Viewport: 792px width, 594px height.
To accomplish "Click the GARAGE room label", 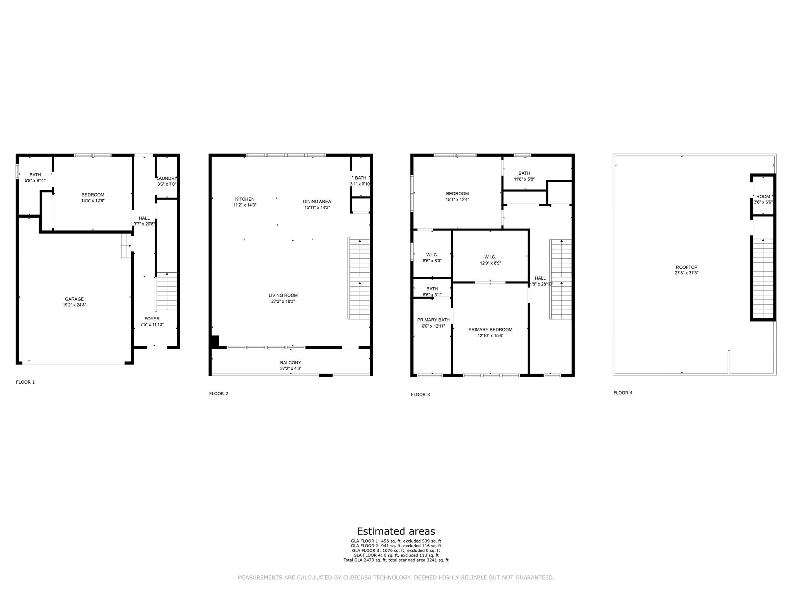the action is [x=74, y=299].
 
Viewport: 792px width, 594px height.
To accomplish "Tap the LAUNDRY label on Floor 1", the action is [x=167, y=178].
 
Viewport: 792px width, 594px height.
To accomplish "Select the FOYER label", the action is [x=152, y=319].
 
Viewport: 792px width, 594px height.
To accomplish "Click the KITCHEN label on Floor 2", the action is [x=245, y=199].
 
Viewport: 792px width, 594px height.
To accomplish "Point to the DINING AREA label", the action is [x=317, y=201].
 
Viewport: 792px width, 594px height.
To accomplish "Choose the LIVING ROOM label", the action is [x=283, y=295].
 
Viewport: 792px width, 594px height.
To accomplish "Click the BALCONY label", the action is [x=291, y=363].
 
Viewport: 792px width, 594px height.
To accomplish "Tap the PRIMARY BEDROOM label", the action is [x=490, y=329].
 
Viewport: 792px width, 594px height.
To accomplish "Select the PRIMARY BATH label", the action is [x=434, y=320].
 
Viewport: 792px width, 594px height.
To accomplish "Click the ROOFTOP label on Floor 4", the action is [x=687, y=267].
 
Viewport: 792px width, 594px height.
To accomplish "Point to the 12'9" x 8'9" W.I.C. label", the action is [x=490, y=257].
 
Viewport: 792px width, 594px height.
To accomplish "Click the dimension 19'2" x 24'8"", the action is [x=74, y=305].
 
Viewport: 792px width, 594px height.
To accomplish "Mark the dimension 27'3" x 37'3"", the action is [x=687, y=273].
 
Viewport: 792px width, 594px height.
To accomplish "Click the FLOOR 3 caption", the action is [x=420, y=394].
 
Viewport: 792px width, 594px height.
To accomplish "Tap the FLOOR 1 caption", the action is [x=26, y=382].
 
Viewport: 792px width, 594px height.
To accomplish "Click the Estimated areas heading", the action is [x=396, y=531].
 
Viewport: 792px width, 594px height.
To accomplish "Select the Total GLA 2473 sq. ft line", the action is [x=396, y=560].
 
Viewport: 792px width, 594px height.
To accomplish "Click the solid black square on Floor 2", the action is [x=215, y=341].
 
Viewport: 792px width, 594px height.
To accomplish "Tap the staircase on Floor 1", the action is [x=167, y=292].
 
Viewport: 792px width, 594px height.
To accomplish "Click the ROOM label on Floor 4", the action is [x=763, y=196].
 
